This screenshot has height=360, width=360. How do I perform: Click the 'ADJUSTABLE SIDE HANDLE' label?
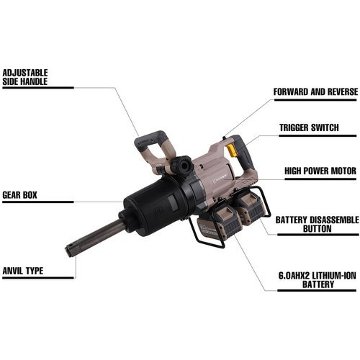point(25,77)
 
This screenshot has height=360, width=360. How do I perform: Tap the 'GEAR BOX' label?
point(19,195)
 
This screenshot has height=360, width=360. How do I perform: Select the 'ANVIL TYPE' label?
point(23,271)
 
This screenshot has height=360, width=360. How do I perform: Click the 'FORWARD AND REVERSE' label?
point(315,91)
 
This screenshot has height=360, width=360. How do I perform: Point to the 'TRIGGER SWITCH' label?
point(309,127)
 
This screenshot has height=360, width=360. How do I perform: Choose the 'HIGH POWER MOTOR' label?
point(320,171)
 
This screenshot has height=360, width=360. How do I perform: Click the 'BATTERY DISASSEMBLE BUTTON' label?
point(317,225)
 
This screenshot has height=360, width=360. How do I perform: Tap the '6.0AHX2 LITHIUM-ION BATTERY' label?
point(318,280)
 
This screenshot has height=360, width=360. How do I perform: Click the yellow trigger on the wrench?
point(230,150)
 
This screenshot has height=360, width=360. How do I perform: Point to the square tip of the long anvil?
point(69,250)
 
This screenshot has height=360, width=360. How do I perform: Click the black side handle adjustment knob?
point(181,165)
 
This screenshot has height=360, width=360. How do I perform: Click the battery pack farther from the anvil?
point(250,207)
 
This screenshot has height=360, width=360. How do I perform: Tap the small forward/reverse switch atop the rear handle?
point(224,138)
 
